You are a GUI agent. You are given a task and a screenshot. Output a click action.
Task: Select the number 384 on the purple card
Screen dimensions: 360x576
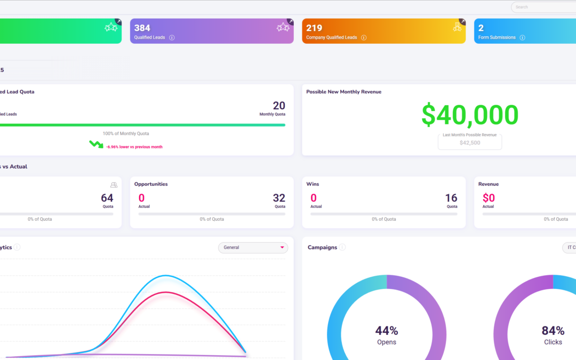[142, 28]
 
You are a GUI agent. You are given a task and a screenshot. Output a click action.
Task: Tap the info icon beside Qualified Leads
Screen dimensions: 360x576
[172, 38]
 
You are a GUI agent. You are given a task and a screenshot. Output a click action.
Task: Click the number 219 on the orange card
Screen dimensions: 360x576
[314, 28]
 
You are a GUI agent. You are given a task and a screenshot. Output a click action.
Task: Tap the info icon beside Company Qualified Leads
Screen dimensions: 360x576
[364, 38]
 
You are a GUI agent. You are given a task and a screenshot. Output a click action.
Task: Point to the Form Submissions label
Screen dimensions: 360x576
[497, 38]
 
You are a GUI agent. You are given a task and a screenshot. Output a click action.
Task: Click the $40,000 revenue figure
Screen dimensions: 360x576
[470, 115]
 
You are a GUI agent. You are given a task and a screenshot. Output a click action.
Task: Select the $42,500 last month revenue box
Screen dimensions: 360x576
[470, 142]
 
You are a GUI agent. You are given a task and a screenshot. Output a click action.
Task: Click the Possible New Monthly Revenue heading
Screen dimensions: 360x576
[343, 92]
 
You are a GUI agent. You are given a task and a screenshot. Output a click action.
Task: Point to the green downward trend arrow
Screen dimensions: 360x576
[96, 144]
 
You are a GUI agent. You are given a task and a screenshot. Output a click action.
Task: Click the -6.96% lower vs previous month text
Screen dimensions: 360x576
[134, 147]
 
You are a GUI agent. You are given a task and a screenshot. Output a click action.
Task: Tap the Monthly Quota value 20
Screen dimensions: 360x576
[278, 106]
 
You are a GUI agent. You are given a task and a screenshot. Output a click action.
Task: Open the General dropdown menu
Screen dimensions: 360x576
[253, 247]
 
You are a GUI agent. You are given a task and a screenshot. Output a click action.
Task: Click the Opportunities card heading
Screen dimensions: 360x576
[151, 184]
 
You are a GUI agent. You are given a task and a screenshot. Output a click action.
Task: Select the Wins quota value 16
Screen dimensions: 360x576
[451, 198]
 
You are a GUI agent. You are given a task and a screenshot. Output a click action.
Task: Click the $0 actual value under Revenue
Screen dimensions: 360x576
[489, 198]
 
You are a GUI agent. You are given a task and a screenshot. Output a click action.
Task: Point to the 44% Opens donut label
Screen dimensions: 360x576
[387, 335]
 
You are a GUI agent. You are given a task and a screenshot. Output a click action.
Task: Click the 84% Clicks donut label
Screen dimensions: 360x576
[553, 335]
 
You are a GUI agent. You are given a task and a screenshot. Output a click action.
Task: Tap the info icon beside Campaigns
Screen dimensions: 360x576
[342, 247]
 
